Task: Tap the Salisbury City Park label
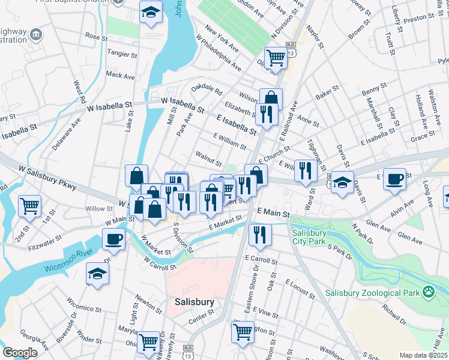point(311,238)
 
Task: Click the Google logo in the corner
point(20,353)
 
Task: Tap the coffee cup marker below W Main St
point(113,239)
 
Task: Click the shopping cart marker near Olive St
point(276,58)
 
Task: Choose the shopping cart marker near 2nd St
point(29,206)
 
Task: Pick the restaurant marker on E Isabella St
point(267,114)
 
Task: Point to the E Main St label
point(273,212)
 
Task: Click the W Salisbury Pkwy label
point(47,178)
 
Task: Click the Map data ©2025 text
point(423,355)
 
